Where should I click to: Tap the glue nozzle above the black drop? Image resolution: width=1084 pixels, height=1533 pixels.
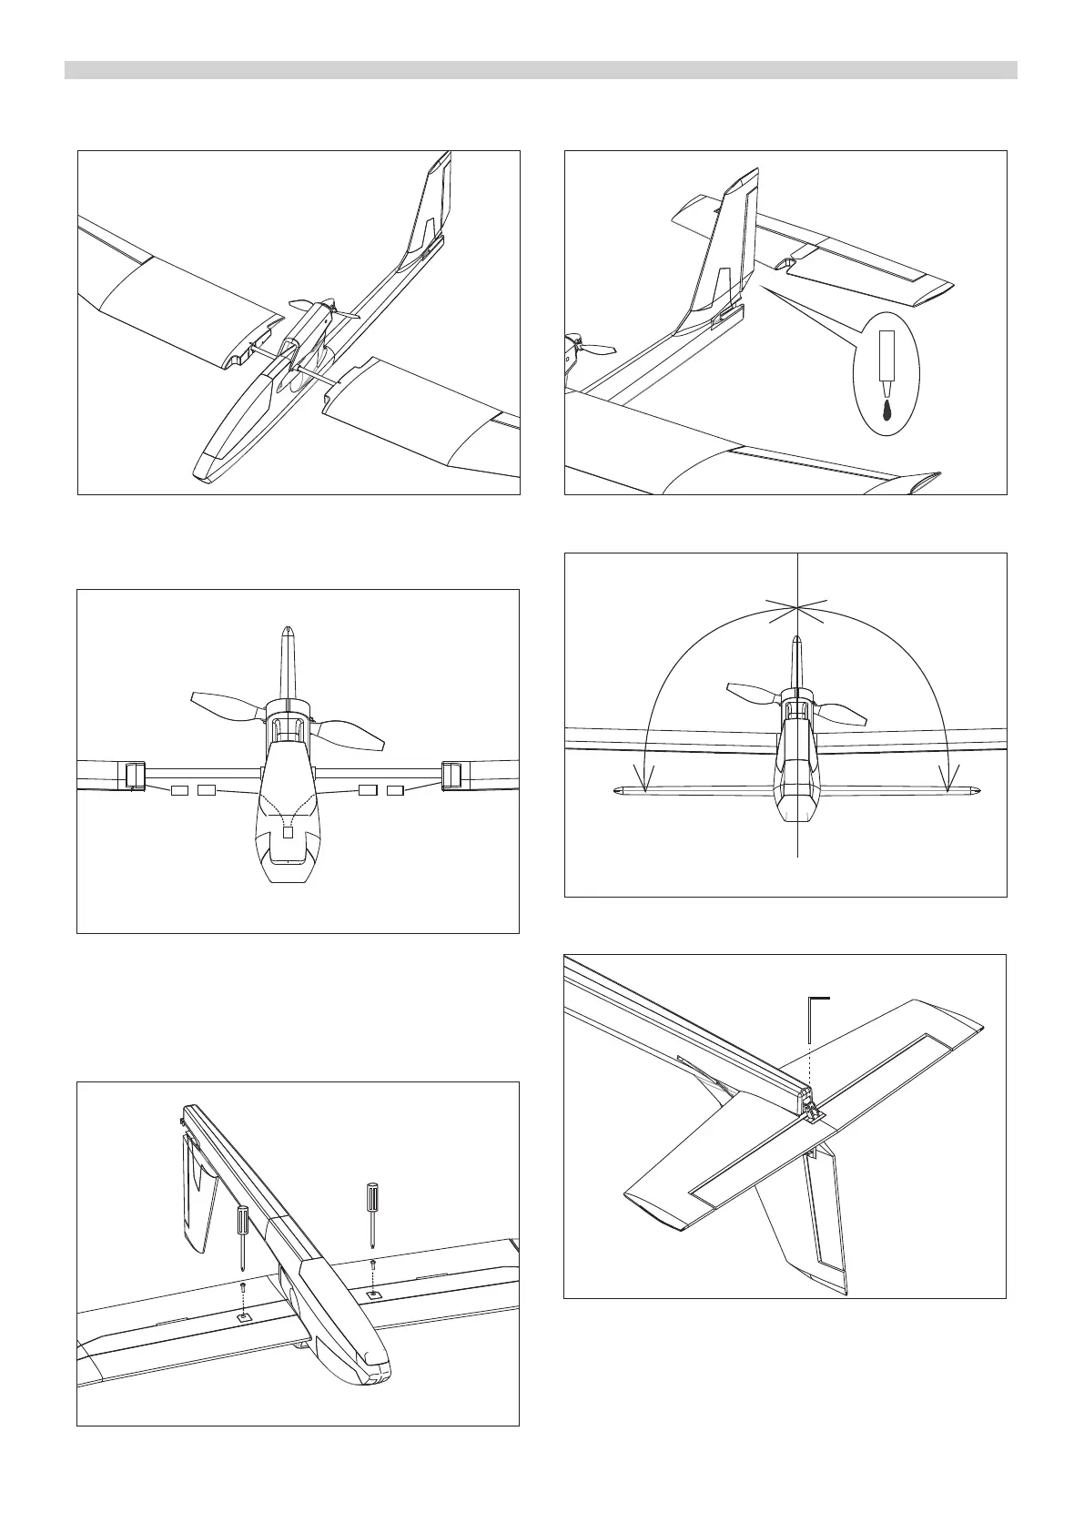[x=887, y=360]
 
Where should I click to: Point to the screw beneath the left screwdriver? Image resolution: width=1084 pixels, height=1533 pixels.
[x=243, y=1286]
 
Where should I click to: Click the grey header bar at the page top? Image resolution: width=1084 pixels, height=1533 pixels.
[x=541, y=70]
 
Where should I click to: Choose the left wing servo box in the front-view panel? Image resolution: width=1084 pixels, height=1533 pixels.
[x=132, y=775]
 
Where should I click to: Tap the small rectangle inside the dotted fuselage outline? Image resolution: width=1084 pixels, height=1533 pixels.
[x=289, y=831]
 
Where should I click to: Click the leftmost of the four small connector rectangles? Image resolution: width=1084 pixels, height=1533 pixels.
[x=179, y=789]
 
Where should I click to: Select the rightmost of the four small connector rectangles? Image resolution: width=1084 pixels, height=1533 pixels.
[x=395, y=789]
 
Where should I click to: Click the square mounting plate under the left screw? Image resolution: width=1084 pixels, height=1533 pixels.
[x=243, y=1316]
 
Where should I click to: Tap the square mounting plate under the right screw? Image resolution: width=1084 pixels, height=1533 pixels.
[x=373, y=1294]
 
